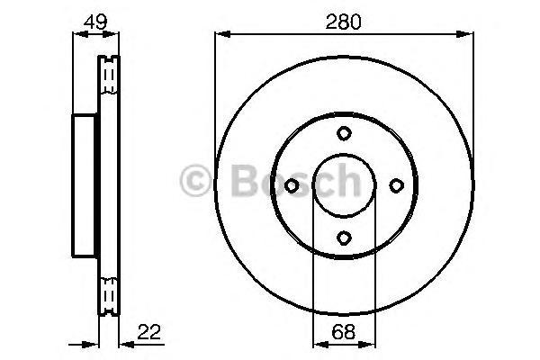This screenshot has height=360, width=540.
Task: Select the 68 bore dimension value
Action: click(x=343, y=332)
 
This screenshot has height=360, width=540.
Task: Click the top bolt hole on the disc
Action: click(x=343, y=133)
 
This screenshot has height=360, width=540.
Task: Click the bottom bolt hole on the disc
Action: click(x=343, y=238)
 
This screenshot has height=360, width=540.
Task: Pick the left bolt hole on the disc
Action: click(x=291, y=185)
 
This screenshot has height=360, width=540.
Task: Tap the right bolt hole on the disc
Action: click(x=395, y=185)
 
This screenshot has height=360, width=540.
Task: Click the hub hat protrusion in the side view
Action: click(x=84, y=185)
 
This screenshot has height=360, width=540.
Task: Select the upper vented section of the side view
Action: click(x=108, y=76)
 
